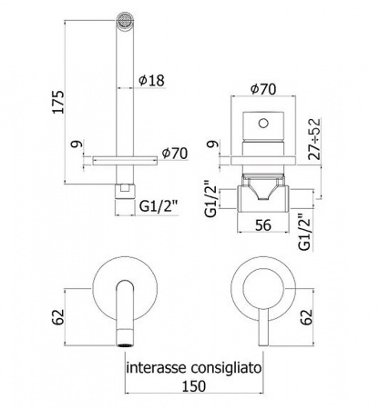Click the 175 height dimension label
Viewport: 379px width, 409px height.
58,102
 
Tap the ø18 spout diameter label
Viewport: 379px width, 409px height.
151,81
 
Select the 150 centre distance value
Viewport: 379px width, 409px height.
194,386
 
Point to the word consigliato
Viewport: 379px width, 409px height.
226,368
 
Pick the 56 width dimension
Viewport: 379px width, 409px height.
263,225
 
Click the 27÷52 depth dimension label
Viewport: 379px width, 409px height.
314,139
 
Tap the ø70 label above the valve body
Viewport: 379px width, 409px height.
263,89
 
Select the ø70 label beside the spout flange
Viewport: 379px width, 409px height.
175,154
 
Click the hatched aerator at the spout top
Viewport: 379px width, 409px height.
125,20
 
